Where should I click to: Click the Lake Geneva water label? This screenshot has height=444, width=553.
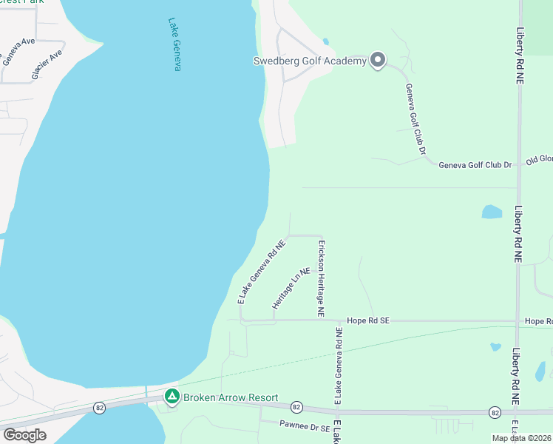[x=174, y=44]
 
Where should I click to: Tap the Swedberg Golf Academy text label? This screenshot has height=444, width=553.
[x=310, y=61]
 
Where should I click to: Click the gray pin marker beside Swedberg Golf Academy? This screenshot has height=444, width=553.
[x=378, y=60]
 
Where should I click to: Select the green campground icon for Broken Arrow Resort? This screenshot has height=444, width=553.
[x=172, y=397]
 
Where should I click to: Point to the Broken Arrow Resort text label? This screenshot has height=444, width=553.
[x=231, y=397]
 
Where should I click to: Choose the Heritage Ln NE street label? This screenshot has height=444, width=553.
[x=290, y=289]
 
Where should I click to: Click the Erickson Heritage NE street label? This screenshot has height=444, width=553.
[x=322, y=277]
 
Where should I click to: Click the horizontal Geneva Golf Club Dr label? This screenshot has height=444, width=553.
[x=475, y=164]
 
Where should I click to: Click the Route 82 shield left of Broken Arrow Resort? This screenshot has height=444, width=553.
[x=99, y=408]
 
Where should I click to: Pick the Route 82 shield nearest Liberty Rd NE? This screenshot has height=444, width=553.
[x=493, y=411]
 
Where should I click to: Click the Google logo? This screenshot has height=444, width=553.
[x=24, y=435]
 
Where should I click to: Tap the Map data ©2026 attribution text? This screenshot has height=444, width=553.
[x=522, y=438]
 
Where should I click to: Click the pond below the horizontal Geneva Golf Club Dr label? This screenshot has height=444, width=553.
[x=492, y=212]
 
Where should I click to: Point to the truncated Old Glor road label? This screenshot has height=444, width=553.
[x=539, y=159]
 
